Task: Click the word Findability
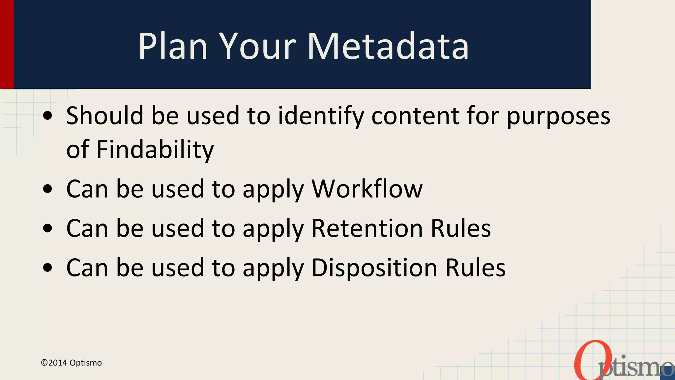[155, 149]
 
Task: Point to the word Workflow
[367, 189]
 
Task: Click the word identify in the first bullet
[321, 116]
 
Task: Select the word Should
[104, 116]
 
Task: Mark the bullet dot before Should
[48, 116]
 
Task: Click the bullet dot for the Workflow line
[48, 189]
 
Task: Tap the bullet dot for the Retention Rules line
[48, 228]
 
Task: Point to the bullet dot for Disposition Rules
[48, 268]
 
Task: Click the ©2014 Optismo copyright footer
[71, 363]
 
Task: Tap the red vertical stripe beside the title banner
[7, 44]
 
